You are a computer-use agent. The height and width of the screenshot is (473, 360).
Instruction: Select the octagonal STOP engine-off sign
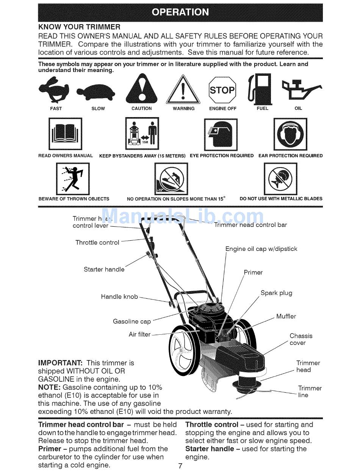click(x=222, y=90)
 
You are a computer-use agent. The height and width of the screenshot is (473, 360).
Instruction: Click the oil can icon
click(x=301, y=89)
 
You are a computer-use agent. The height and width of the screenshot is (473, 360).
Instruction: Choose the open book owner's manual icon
click(x=65, y=134)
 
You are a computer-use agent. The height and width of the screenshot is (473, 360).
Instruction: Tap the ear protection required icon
click(x=290, y=134)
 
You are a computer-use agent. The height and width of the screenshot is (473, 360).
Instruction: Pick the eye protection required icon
click(x=221, y=135)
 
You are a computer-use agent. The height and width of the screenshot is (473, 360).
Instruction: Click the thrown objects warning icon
click(x=73, y=179)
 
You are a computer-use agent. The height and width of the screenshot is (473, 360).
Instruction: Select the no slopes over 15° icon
click(x=171, y=179)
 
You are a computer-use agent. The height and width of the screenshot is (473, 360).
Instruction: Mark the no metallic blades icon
click(x=280, y=179)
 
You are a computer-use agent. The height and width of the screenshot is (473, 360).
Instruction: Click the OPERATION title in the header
click(x=180, y=12)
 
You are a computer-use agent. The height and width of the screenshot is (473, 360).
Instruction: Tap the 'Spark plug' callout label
click(x=276, y=293)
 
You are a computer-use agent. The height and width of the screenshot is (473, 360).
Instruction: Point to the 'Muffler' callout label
click(x=286, y=316)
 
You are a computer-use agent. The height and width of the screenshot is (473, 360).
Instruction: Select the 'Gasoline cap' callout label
click(x=132, y=321)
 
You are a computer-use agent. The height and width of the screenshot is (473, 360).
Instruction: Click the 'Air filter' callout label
click(x=139, y=334)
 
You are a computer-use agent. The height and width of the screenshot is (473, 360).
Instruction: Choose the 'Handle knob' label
click(x=119, y=297)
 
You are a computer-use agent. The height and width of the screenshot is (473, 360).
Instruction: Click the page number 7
click(x=180, y=465)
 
